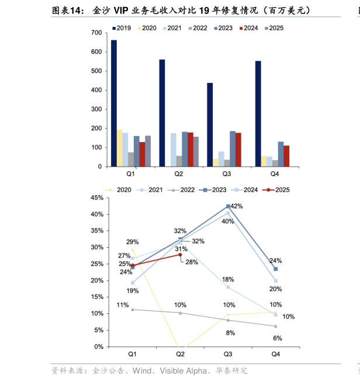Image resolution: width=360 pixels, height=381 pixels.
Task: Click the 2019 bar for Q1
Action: click(114, 103)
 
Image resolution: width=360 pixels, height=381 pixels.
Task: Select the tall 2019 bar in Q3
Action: click(210, 124)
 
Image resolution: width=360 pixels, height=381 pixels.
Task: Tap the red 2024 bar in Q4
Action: click(286, 156)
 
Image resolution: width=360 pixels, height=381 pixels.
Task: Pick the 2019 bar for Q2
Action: click(162, 113)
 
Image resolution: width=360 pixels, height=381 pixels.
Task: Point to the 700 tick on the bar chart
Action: click(96, 33)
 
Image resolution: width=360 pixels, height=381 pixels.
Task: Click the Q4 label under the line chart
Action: click(275, 354)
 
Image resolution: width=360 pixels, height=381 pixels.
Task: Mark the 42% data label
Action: click(237, 206)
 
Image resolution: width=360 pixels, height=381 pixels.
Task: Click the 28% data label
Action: click(192, 262)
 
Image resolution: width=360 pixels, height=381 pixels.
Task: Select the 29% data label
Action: click(132, 242)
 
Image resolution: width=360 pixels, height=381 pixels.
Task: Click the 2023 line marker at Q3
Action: click(228, 206)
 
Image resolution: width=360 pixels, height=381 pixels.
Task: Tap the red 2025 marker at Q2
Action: click(180, 255)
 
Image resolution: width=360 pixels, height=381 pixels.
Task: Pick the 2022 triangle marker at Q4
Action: click(275, 326)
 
